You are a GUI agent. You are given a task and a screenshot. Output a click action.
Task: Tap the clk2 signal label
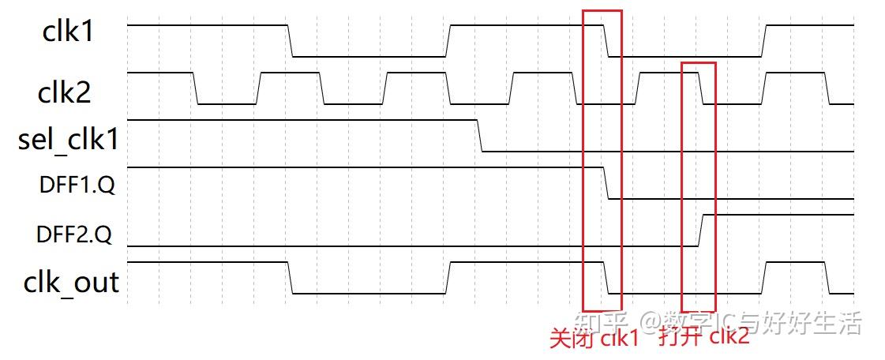(x=65, y=92)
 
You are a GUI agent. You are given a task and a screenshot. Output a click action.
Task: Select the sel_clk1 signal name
(x=69, y=141)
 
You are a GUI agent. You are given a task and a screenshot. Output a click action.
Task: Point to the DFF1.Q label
(x=76, y=186)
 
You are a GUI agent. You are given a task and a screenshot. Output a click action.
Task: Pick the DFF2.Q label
(x=76, y=234)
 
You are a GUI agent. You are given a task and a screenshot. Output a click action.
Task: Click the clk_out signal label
(x=71, y=282)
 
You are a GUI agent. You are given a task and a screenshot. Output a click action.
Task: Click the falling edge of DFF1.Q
(x=606, y=183)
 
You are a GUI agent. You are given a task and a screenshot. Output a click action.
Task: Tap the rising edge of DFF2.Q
(x=701, y=230)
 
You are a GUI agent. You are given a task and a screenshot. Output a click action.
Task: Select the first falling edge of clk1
(x=290, y=41)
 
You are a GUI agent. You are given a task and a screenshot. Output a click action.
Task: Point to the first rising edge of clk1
(x=448, y=41)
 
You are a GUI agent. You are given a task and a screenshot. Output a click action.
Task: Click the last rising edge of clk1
(x=764, y=41)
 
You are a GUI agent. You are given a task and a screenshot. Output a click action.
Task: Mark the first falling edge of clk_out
(x=290, y=277)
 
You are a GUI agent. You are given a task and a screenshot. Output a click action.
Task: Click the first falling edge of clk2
(x=196, y=88)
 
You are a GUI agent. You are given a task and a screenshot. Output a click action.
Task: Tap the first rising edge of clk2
(x=258, y=88)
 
